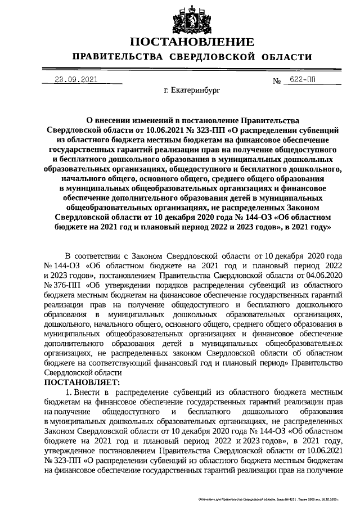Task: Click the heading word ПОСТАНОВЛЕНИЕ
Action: coord(192,43)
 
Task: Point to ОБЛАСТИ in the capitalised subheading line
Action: coord(285,57)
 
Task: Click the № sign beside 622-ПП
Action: coord(277,81)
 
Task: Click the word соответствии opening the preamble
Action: coord(102,255)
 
